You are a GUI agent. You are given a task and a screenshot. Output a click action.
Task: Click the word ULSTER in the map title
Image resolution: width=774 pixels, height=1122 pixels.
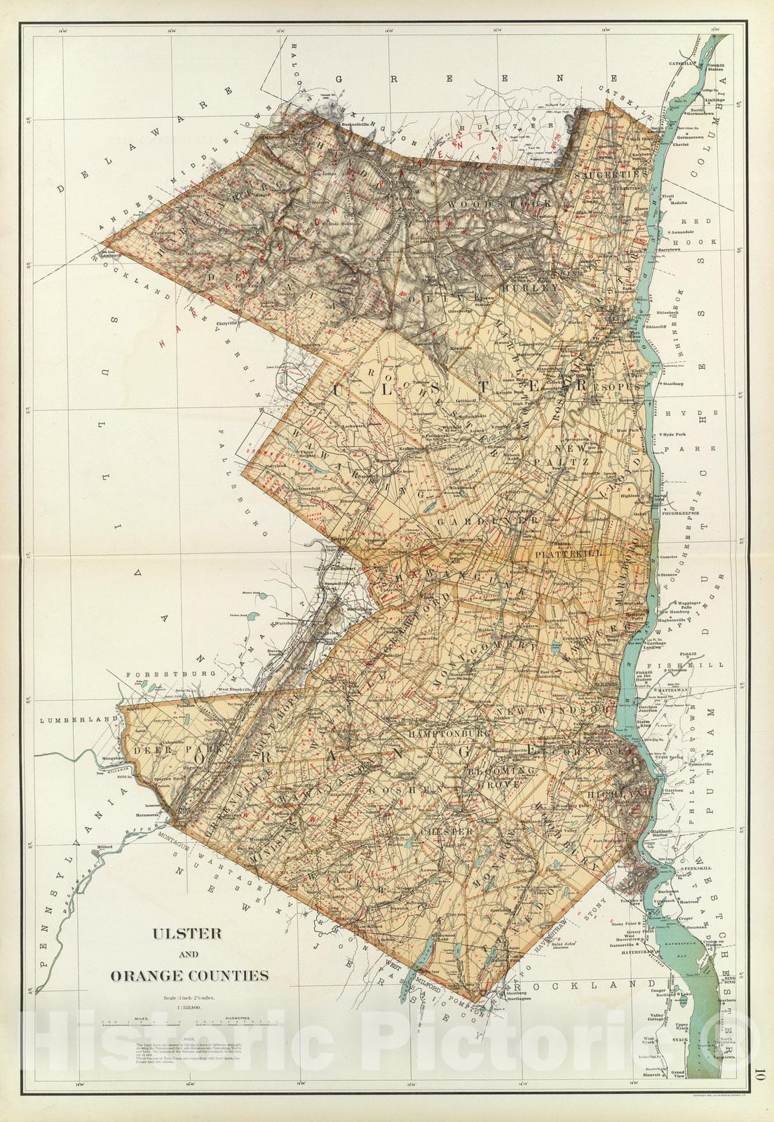point(188,933)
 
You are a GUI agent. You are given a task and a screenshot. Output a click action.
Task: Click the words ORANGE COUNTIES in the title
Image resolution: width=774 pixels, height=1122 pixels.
point(189,975)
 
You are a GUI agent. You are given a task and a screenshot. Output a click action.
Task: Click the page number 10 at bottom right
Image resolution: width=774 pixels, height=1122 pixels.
point(760,1072)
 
